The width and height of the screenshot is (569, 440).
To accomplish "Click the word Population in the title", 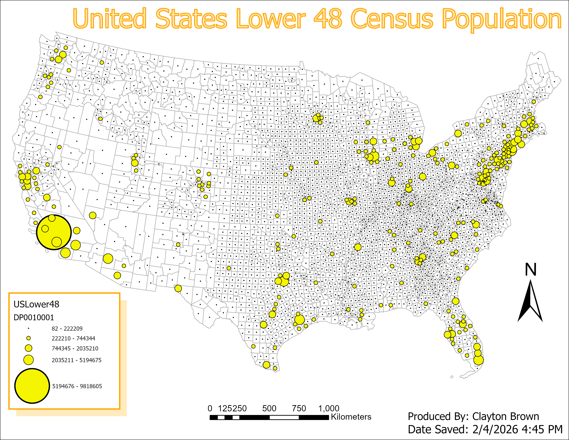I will point(502,19).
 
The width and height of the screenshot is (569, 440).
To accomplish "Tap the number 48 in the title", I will point(328,19).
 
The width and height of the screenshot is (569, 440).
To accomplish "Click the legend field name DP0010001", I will point(34,317).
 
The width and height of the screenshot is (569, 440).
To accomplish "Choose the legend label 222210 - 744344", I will point(73,339).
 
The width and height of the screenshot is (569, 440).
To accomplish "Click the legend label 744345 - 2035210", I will point(75,349).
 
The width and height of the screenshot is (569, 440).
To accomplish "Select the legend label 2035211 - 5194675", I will point(76,360).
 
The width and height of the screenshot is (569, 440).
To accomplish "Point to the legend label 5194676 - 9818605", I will point(77,386).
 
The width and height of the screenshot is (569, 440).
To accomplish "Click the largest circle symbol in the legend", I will point(32,386).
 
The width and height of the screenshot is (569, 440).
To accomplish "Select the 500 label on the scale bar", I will point(269,408).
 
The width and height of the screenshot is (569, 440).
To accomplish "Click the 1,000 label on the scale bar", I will point(329,408).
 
